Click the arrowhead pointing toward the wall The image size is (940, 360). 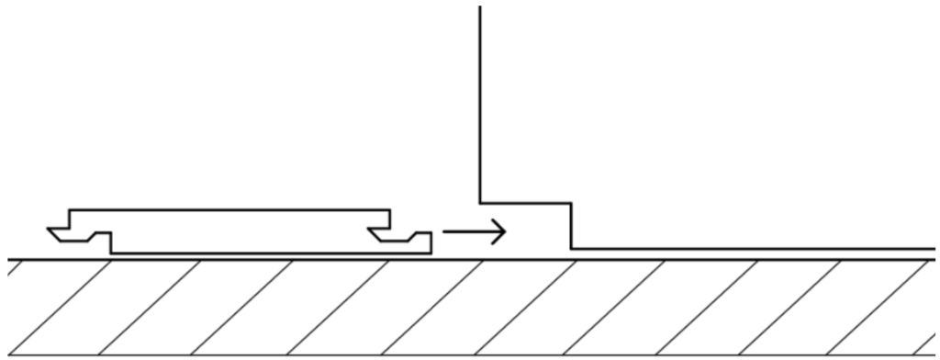[x=501, y=231]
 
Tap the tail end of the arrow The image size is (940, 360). [x=445, y=231]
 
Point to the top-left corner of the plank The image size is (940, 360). [x=71, y=210]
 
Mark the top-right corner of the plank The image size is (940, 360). [x=390, y=210]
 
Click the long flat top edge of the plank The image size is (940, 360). [x=229, y=210]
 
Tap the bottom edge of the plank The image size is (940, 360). [x=266, y=253]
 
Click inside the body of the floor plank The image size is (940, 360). [x=229, y=231]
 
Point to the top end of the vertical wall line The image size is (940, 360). [x=479, y=7]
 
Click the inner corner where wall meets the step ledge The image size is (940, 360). [x=479, y=203]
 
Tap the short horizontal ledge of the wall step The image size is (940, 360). [x=525, y=203]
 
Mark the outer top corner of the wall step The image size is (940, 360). [x=571, y=203]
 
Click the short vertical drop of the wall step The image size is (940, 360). [x=571, y=226]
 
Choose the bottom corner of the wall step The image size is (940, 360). [x=571, y=249]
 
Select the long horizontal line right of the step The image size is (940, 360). [x=753, y=249]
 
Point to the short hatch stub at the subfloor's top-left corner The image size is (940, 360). [x=13, y=269]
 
